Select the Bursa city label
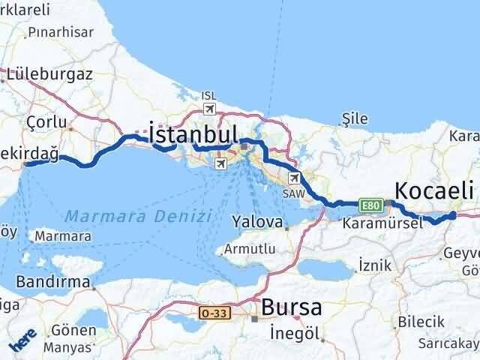pyautogui.click(x=292, y=307)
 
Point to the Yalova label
pyautogui.click(x=256, y=222)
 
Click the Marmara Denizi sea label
pyautogui.click(x=135, y=216)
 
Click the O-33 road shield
pyautogui.click(x=212, y=310)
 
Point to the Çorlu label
pyautogui.click(x=46, y=121)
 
